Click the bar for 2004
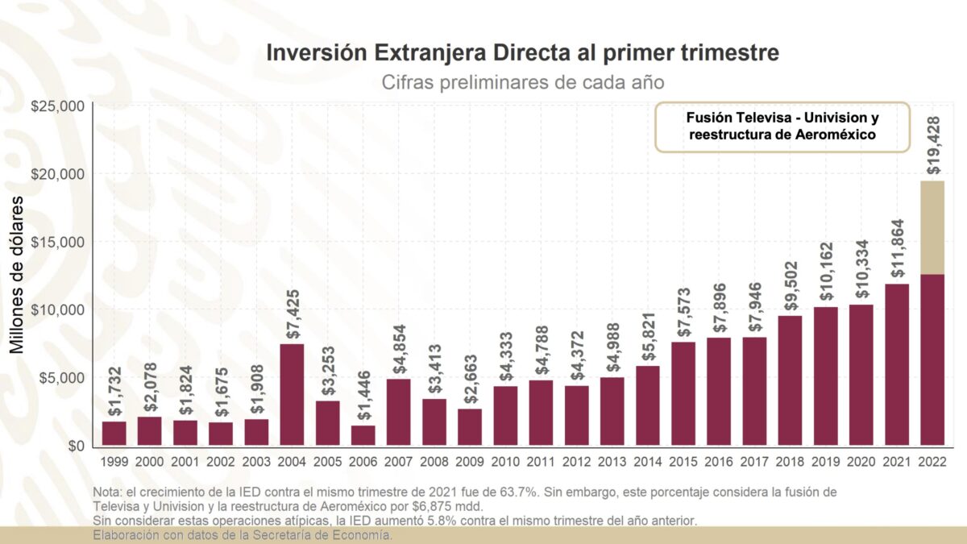(292, 394)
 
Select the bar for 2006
(363, 435)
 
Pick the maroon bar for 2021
(897, 363)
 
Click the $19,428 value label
(932, 145)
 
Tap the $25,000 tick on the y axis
(57, 106)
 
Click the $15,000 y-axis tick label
(57, 242)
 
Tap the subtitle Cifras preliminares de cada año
(522, 82)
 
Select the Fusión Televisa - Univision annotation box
(782, 127)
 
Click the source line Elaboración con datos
(243, 535)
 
